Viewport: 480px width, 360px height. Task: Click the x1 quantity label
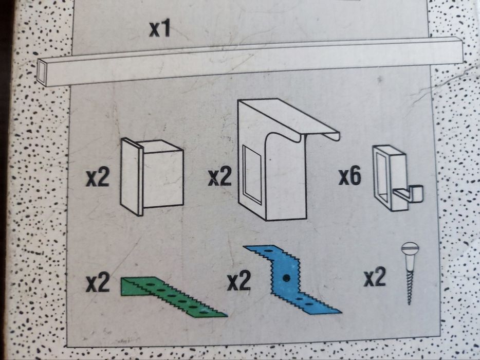click(x=159, y=29)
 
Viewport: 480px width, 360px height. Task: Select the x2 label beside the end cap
click(x=97, y=178)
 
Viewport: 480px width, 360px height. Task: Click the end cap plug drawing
click(x=152, y=176)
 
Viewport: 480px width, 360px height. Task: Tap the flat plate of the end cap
click(x=132, y=176)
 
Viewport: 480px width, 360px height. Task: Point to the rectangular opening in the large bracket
click(x=252, y=175)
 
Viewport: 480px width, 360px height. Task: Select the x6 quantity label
click(x=349, y=176)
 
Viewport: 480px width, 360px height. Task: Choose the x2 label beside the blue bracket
click(x=238, y=282)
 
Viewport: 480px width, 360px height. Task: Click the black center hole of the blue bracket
click(x=287, y=278)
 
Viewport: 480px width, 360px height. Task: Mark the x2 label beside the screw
click(x=375, y=278)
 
